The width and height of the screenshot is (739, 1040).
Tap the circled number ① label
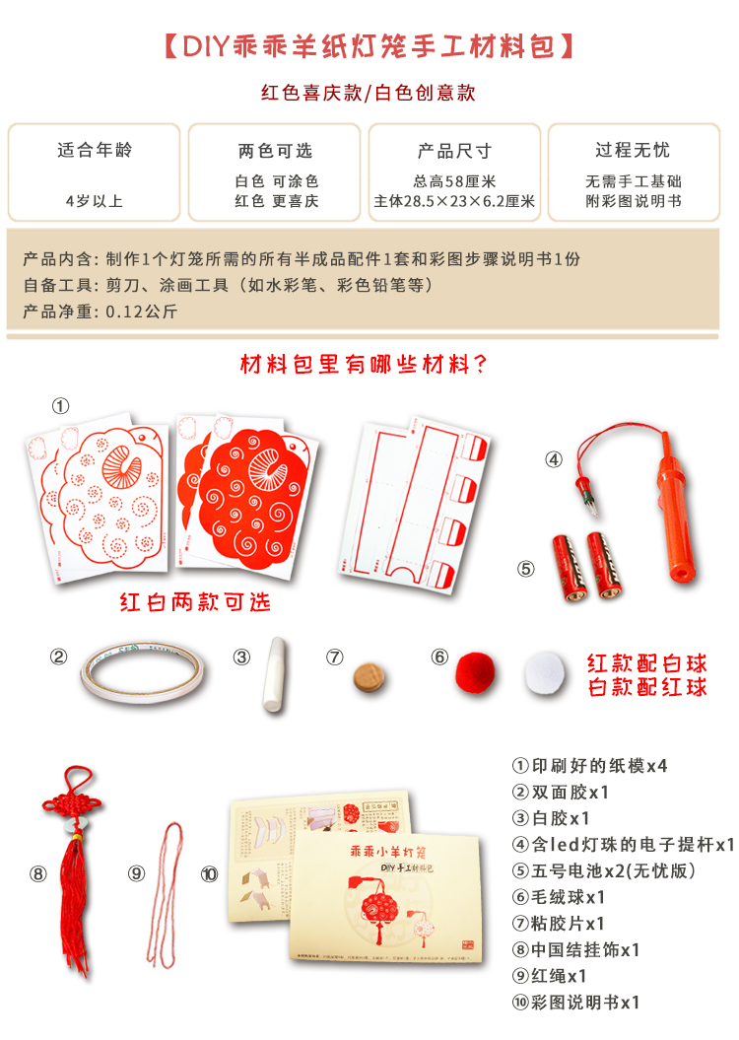(61, 405)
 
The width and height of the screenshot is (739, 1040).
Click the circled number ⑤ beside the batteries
(526, 568)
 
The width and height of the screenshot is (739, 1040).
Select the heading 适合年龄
(95, 150)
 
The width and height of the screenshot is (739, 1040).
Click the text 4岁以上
(95, 201)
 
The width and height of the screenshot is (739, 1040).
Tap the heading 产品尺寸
(454, 151)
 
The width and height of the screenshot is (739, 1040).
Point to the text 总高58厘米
(454, 181)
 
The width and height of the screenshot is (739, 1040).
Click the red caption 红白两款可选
(194, 601)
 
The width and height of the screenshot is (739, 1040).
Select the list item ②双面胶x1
(561, 792)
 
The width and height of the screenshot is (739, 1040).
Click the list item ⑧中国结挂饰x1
(576, 950)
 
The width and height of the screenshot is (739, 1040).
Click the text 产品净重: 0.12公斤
(100, 312)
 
